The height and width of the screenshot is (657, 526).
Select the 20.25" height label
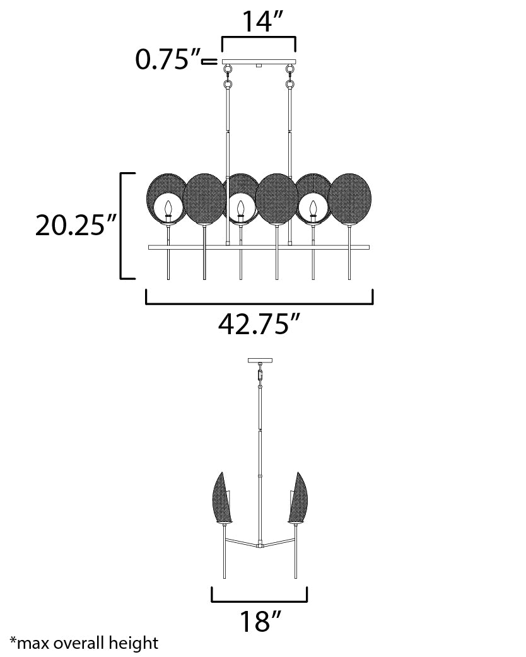click(75, 225)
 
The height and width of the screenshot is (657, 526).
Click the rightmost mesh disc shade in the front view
click(349, 200)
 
